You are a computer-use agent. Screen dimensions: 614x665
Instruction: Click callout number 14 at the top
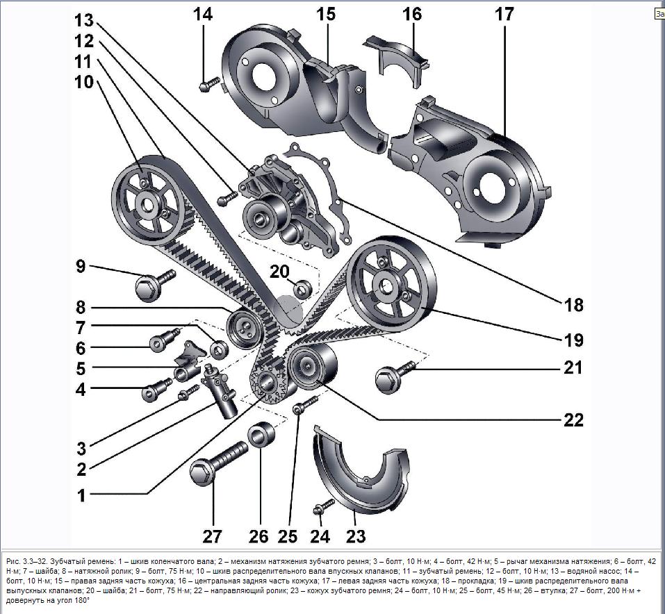click(x=204, y=15)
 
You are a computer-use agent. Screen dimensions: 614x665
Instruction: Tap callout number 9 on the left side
click(x=81, y=265)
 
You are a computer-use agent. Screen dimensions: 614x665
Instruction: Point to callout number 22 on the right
click(x=573, y=420)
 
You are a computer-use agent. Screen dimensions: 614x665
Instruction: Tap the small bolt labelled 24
click(x=320, y=509)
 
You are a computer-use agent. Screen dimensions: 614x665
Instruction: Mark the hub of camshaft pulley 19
click(x=387, y=284)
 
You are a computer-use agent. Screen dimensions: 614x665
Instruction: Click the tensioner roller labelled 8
click(x=243, y=326)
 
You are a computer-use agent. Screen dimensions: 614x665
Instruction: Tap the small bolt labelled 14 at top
click(x=208, y=86)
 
